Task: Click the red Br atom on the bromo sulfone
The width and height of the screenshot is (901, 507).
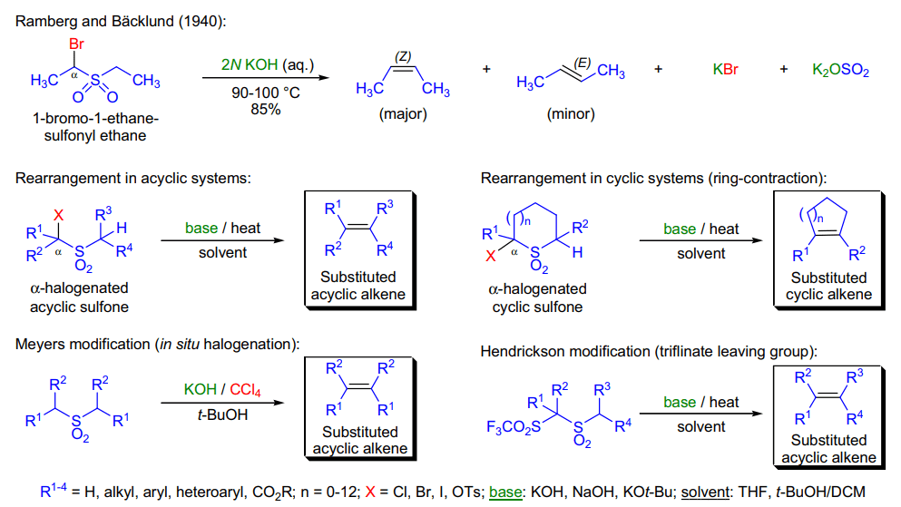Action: click(x=76, y=44)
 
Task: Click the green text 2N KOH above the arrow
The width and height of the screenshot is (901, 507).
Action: click(x=250, y=64)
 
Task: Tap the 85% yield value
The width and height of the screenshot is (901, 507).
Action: click(x=266, y=109)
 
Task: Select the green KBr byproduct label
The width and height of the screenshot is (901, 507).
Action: click(x=725, y=70)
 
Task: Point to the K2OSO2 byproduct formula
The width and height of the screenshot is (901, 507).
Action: click(x=840, y=70)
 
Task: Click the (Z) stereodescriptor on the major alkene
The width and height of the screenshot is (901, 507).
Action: click(x=403, y=56)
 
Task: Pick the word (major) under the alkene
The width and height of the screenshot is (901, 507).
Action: click(x=403, y=113)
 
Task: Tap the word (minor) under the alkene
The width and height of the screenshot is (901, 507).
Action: click(x=571, y=113)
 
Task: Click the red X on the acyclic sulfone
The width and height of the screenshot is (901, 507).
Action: click(x=59, y=215)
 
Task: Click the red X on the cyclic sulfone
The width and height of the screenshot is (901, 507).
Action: click(x=490, y=256)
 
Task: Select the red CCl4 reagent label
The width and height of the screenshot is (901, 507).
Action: click(x=245, y=390)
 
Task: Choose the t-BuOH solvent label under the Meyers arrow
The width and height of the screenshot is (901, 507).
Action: click(x=222, y=414)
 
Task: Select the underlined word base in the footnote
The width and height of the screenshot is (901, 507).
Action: click(x=505, y=492)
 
